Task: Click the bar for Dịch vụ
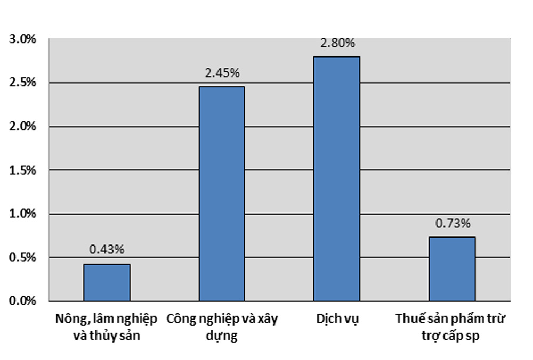(x=336, y=178)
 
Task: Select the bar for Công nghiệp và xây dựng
(x=222, y=193)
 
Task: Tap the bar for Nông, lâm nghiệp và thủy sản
(x=107, y=282)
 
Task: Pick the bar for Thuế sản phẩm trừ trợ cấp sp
(x=452, y=269)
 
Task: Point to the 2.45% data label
(x=222, y=74)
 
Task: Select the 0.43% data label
(x=107, y=249)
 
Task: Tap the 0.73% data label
(x=452, y=224)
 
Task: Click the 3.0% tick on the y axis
(x=22, y=39)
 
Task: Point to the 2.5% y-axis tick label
(x=22, y=83)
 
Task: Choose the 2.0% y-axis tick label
(x=22, y=127)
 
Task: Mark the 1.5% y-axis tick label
(x=22, y=170)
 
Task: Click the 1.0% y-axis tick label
(x=22, y=214)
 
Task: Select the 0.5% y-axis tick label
(x=22, y=258)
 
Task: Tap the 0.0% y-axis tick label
(x=22, y=301)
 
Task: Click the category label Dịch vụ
(x=337, y=320)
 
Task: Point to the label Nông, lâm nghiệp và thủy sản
(x=107, y=328)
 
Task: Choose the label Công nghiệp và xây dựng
(x=222, y=328)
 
